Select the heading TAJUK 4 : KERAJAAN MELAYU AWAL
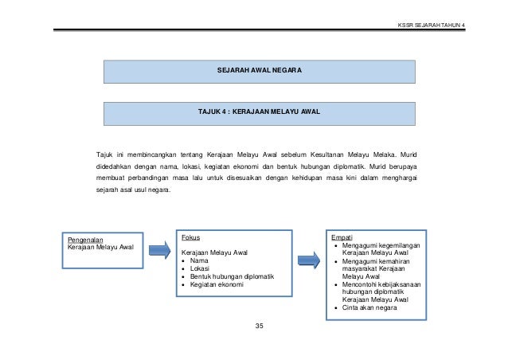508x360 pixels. tap(260, 112)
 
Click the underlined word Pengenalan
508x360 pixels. tap(84, 238)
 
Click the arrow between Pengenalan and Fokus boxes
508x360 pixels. tap(157, 251)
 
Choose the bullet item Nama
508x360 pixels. tap(200, 260)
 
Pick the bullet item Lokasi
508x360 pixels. tap(201, 268)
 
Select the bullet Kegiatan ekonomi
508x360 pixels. tap(217, 284)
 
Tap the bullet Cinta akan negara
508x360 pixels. tap(371, 307)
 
